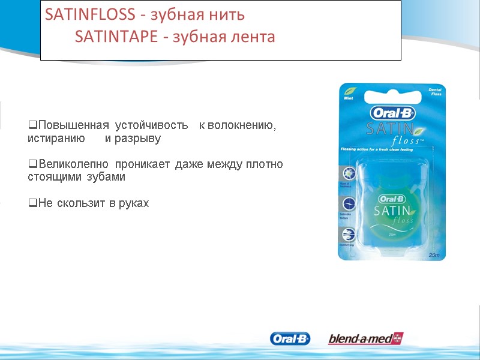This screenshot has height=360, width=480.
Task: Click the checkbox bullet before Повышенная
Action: [x=32, y=125]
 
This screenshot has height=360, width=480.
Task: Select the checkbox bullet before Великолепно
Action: [x=32, y=164]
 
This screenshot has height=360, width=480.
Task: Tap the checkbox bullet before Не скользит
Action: [x=32, y=203]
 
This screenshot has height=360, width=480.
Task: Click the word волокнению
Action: [x=238, y=125]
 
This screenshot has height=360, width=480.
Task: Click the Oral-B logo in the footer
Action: [x=290, y=339]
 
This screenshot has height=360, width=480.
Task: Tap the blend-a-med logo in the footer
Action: [x=365, y=339]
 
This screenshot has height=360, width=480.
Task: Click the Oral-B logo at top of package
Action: [x=393, y=113]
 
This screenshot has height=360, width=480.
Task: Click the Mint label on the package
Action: [x=348, y=97]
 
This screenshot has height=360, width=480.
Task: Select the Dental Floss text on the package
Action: [x=435, y=92]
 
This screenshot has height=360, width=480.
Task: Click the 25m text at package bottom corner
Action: [x=434, y=256]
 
